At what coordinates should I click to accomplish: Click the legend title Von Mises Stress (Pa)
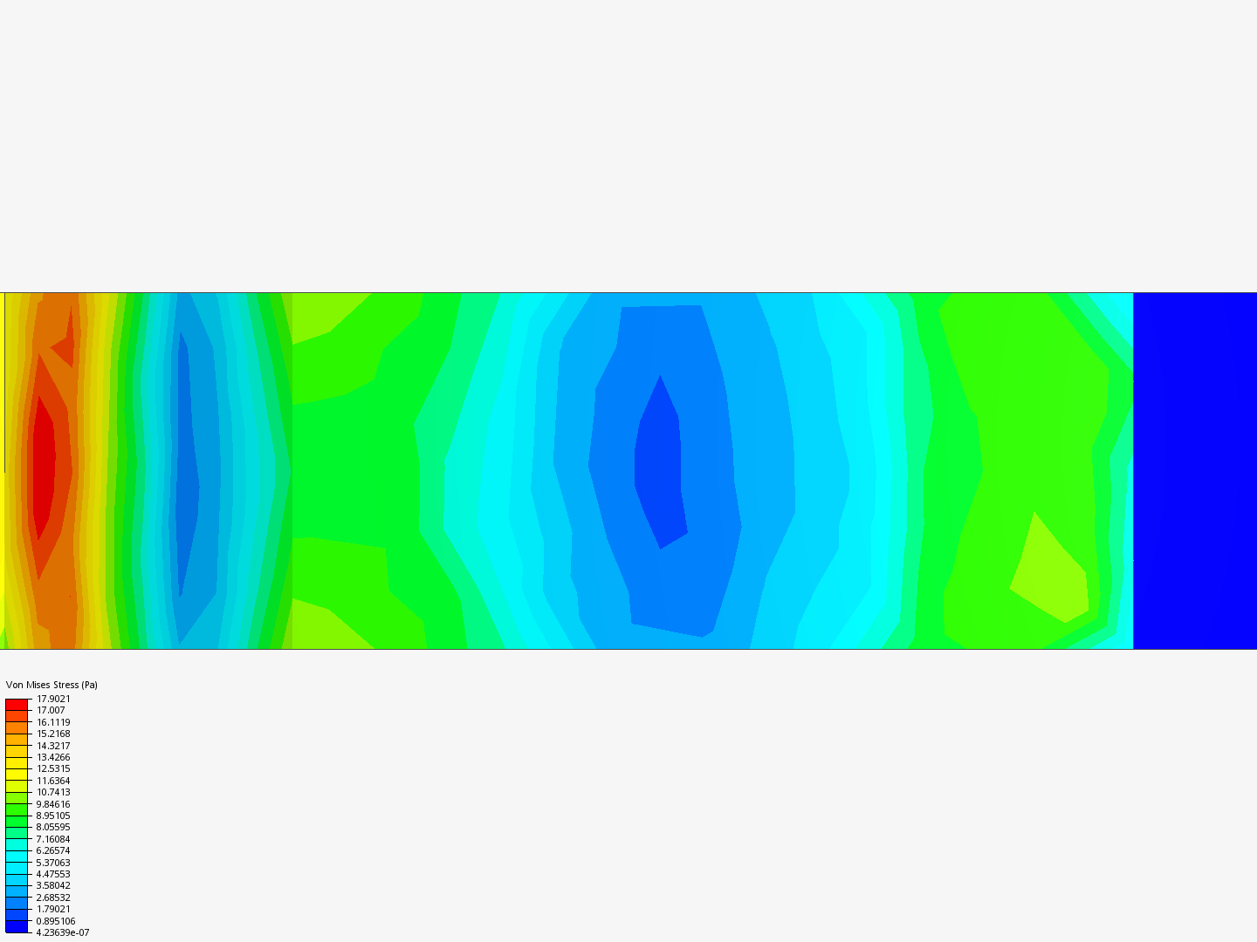(x=52, y=685)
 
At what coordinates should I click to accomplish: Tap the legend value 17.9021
(x=53, y=699)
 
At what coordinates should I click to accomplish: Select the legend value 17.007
(x=51, y=710)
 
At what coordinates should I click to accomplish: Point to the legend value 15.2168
(x=53, y=734)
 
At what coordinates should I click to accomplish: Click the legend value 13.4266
(x=53, y=757)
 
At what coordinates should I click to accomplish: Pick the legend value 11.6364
(x=53, y=781)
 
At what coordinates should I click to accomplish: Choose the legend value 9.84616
(x=53, y=804)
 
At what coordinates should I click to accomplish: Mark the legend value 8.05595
(x=53, y=827)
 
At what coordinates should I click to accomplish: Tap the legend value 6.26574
(x=53, y=850)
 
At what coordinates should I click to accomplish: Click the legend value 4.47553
(x=53, y=874)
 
